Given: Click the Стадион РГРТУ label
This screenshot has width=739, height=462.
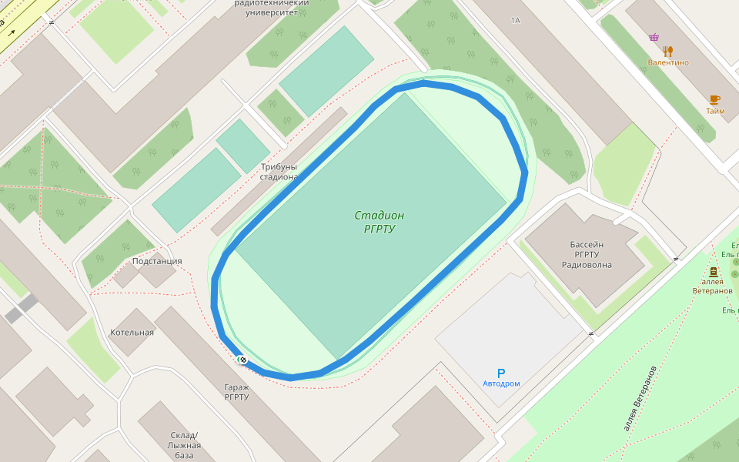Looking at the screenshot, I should [379, 222].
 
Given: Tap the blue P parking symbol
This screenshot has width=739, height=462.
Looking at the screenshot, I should [501, 373].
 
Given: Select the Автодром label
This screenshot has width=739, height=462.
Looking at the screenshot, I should [501, 383].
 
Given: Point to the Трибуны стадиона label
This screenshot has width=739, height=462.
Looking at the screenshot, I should [279, 172].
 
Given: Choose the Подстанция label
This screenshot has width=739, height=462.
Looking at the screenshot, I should [157, 261].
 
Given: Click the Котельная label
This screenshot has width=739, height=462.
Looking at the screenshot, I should [132, 333].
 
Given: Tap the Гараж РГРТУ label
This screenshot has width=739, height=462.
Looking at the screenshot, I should [237, 392].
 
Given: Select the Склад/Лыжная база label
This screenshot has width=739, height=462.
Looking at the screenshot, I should [184, 445].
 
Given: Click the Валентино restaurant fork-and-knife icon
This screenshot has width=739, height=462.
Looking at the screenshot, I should [667, 52].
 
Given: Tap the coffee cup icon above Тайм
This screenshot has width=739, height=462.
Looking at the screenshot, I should [714, 100].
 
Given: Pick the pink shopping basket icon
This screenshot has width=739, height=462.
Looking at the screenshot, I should [654, 37].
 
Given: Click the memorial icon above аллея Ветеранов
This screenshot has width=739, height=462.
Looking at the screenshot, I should [713, 272].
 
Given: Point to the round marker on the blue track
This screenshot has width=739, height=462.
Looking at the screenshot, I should [242, 360].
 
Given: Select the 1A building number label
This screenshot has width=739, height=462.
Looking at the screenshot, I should [515, 20].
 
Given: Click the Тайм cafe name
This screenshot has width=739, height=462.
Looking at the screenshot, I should [715, 111].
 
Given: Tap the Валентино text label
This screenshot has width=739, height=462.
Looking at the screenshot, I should [668, 62].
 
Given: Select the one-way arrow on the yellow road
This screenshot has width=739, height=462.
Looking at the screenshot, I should [12, 32].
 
